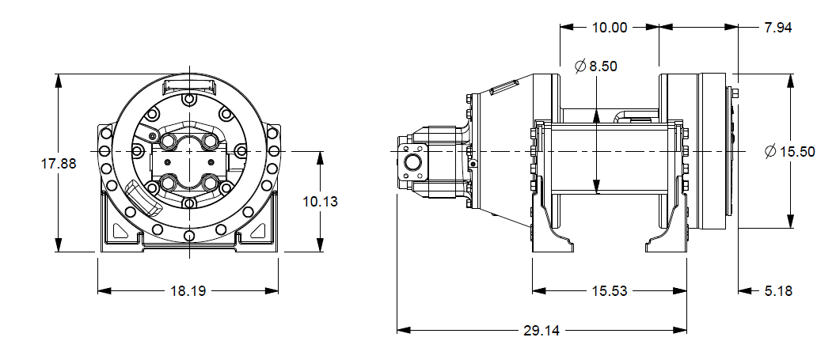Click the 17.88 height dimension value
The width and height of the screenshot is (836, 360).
point(59,164)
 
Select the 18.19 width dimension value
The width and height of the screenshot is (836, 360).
point(188,291)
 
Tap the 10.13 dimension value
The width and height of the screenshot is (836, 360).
point(321,202)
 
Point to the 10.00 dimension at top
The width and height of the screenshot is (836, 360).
point(610,27)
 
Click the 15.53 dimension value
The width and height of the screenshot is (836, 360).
point(610,291)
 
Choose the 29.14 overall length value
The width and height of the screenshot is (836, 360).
point(542,330)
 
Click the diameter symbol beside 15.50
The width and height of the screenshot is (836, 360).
point(771,152)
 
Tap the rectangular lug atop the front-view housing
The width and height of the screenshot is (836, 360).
point(189,85)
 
